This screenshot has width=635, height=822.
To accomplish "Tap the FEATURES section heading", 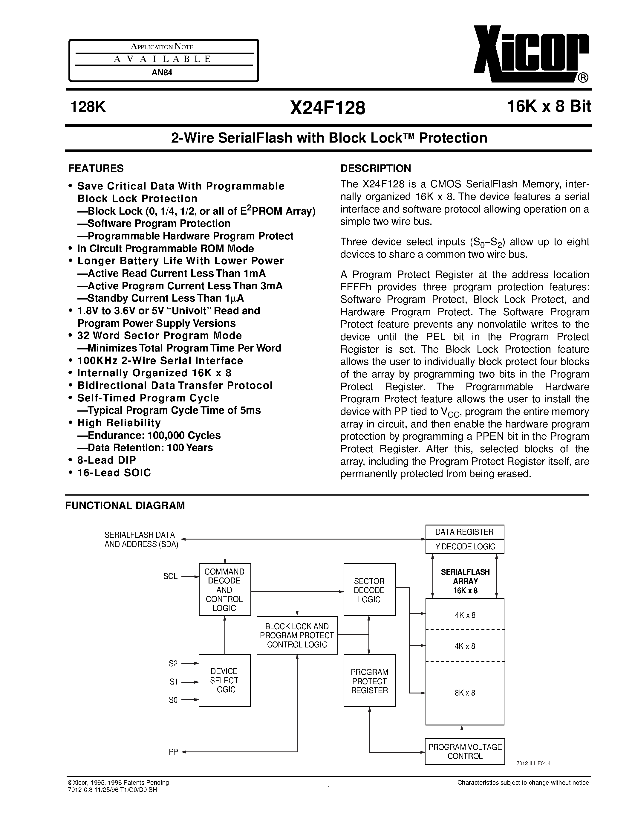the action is [96, 168].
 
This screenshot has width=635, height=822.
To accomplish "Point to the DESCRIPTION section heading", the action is [375, 168].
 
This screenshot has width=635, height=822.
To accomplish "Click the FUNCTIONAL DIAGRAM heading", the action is [125, 505].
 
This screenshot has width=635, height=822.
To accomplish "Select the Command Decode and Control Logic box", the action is [225, 589].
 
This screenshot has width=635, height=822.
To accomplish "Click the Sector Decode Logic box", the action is [369, 590].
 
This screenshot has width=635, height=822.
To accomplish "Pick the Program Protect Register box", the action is [369, 681].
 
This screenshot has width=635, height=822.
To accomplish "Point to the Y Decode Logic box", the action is [465, 546].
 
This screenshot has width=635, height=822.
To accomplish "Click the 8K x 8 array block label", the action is [465, 693].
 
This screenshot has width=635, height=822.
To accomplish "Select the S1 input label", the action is [173, 682].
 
